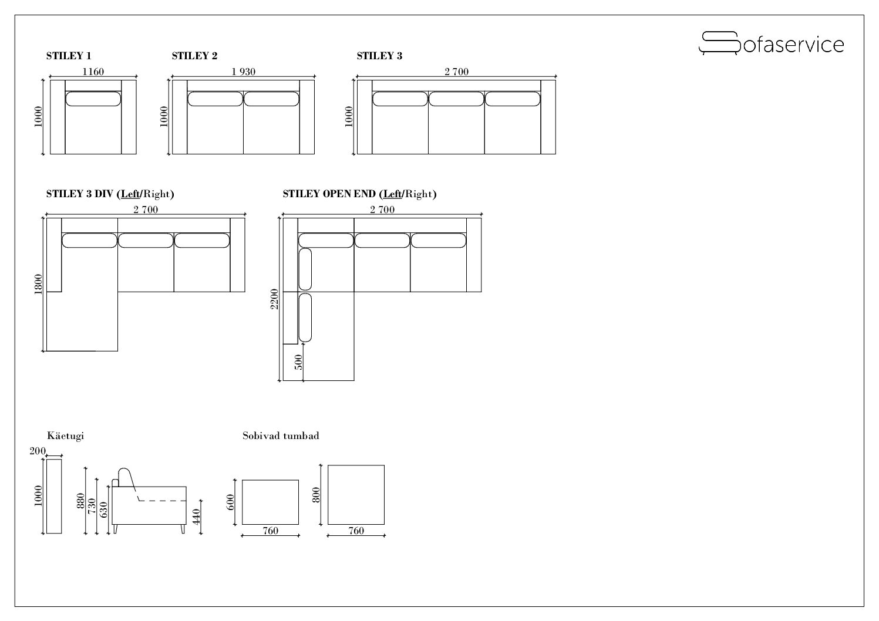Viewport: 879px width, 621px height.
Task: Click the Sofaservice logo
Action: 771,43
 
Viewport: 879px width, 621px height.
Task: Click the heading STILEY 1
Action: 69,56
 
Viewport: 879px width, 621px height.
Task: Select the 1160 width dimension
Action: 93,72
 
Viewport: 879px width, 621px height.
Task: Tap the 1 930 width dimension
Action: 243,72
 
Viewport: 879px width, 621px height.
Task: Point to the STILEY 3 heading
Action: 379,56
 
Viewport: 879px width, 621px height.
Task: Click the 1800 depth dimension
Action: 38,284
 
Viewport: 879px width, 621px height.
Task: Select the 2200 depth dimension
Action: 274,299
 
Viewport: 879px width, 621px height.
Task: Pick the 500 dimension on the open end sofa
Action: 299,362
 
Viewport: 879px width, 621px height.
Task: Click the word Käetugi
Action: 66,436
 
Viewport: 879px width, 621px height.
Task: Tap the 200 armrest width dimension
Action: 38,451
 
